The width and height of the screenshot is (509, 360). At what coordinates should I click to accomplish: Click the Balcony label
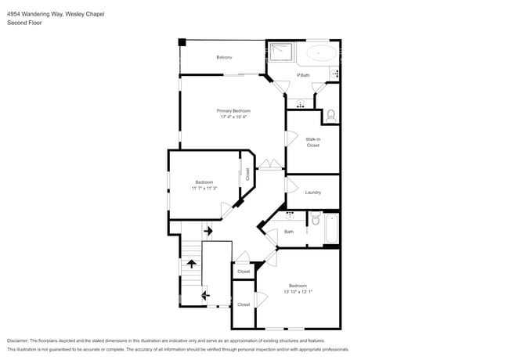click(226, 57)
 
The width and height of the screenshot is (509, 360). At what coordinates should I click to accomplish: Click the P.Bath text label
click(303, 75)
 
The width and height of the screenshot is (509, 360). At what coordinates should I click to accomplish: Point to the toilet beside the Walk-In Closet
click(330, 114)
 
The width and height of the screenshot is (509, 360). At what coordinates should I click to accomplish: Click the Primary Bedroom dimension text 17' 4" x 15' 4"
click(233, 117)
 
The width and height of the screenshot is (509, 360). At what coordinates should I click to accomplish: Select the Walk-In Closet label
click(312, 142)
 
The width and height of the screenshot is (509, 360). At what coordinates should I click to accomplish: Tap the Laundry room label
click(312, 193)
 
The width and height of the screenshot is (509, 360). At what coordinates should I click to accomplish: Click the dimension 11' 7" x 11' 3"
click(204, 189)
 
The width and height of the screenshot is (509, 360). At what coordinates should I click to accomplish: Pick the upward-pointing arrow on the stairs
click(191, 265)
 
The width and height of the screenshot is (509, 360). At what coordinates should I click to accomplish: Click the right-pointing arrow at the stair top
click(208, 232)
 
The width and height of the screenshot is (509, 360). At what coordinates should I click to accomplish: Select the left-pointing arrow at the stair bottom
click(205, 295)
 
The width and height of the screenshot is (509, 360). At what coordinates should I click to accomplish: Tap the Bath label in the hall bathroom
click(289, 232)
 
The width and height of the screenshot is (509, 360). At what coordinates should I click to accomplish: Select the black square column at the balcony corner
click(182, 42)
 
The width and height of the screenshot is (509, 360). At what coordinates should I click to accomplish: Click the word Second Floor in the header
click(24, 23)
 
